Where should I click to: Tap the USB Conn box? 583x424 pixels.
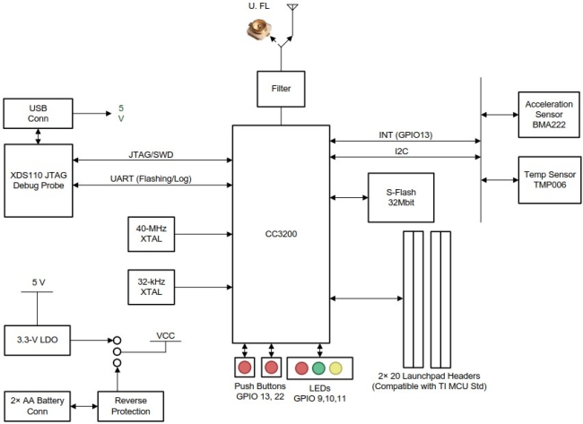(38, 113)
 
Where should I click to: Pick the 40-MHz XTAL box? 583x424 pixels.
(148, 233)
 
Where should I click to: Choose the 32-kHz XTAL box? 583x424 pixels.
(148, 290)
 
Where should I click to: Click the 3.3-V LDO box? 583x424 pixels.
(38, 340)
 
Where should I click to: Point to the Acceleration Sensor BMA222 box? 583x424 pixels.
(542, 114)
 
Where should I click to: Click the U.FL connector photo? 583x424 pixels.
(259, 33)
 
